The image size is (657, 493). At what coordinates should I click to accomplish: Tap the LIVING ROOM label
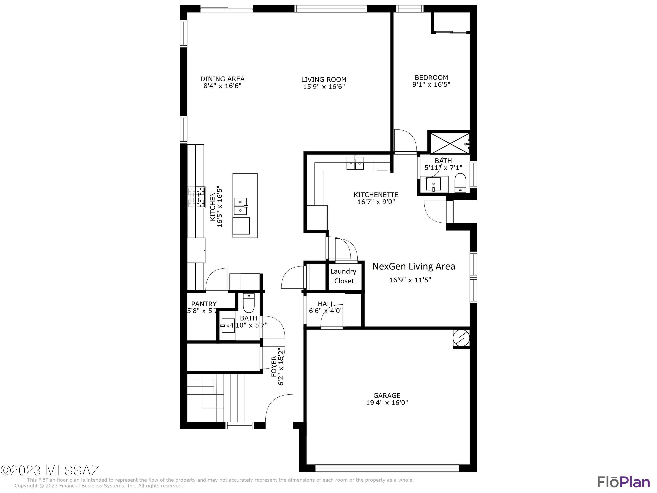[x=324, y=80]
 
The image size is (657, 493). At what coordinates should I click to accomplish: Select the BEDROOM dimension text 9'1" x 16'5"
[x=431, y=84]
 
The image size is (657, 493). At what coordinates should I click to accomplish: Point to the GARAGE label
[x=387, y=395]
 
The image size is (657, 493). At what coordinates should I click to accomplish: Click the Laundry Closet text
[x=344, y=276]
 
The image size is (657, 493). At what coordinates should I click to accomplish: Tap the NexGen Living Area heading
[x=413, y=266]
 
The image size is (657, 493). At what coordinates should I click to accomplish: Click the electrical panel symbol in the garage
[x=461, y=338]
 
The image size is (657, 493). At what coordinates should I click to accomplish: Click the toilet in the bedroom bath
[x=460, y=183]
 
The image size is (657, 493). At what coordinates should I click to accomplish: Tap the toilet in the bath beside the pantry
[x=249, y=302]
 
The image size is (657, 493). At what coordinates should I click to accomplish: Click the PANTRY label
[x=204, y=304]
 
